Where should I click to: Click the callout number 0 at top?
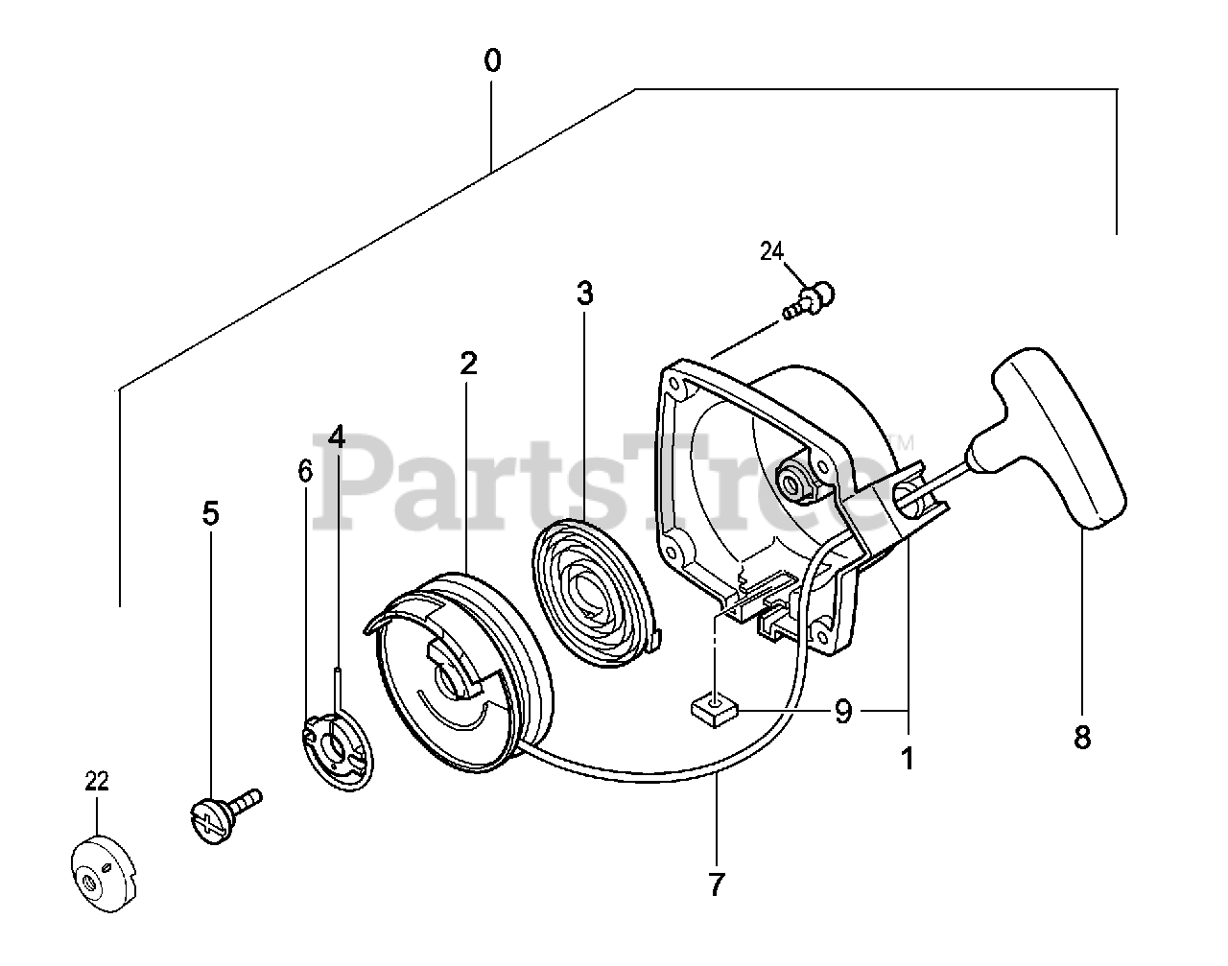coord(491,61)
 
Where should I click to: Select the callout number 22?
coord(97,781)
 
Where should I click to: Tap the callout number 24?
coord(772,251)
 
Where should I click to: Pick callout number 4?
coord(336,437)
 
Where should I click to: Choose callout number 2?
coord(468,364)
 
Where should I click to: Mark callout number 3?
coord(585,294)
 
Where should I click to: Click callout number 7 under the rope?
coord(716,884)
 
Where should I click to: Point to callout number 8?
coord(1082,739)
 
